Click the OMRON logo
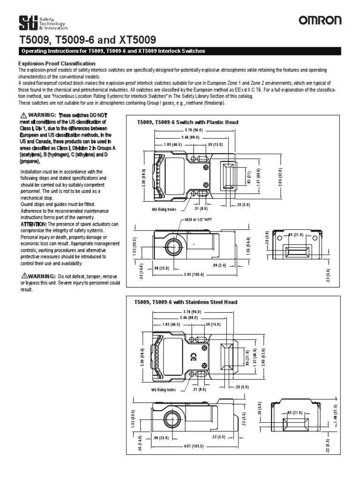click(x=321, y=20)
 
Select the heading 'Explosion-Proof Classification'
click(x=57, y=63)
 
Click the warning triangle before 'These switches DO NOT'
click(x=22, y=115)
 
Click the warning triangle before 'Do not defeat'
click(x=22, y=276)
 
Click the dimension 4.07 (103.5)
click(x=195, y=446)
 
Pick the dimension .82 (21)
click(x=248, y=178)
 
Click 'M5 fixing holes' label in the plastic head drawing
click(x=164, y=209)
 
